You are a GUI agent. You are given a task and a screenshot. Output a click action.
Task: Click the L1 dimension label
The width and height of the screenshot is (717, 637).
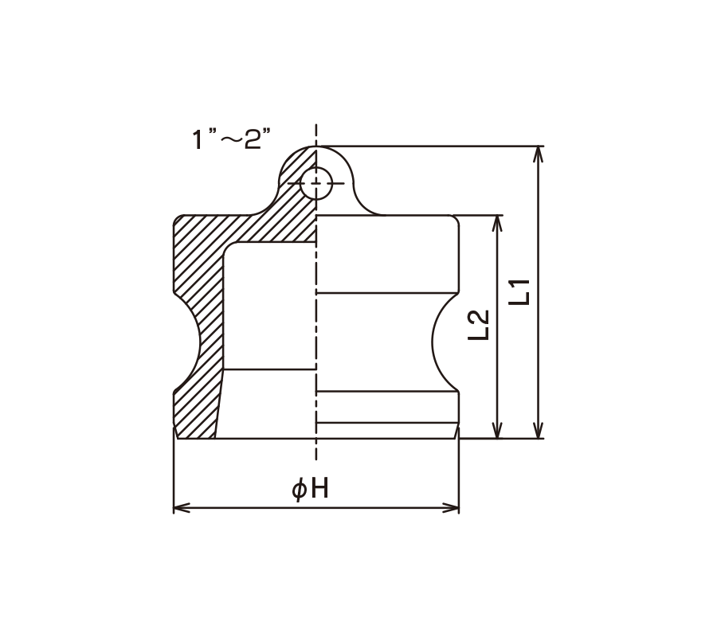520,292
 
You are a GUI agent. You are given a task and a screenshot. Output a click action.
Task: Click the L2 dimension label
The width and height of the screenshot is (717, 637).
480,325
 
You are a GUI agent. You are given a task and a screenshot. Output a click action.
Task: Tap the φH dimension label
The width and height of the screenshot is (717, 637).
311,488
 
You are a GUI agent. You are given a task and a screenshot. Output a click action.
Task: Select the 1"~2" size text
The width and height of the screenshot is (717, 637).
231,139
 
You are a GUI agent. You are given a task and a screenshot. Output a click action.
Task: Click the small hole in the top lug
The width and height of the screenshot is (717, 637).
316,183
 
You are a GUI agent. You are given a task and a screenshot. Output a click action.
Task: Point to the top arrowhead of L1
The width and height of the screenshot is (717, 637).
539,154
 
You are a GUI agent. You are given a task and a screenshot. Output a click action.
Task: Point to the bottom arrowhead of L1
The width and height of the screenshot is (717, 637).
539,431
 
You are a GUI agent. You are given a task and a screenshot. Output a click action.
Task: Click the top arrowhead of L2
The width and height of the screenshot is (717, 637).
497,222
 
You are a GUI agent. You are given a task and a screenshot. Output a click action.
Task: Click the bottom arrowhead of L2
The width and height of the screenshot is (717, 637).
497,431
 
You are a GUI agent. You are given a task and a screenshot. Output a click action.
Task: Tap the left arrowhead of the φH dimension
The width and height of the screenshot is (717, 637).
181,508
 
